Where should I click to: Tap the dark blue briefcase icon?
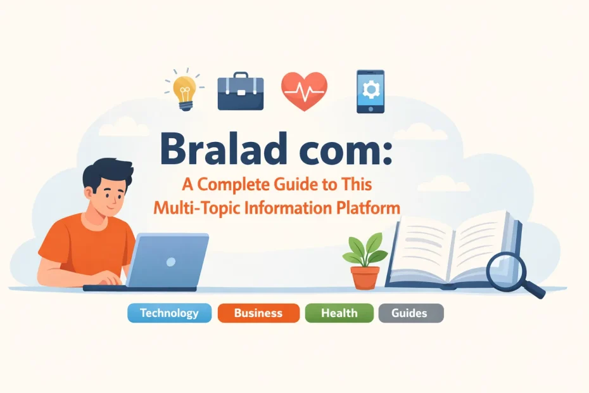coord(240,93)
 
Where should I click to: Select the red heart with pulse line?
coord(304,90)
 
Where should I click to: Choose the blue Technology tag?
coord(169,313)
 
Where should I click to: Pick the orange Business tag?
coord(258,313)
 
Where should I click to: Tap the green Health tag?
coord(339,313)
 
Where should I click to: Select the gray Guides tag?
coord(410,313)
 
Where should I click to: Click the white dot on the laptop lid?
coord(170,261)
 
